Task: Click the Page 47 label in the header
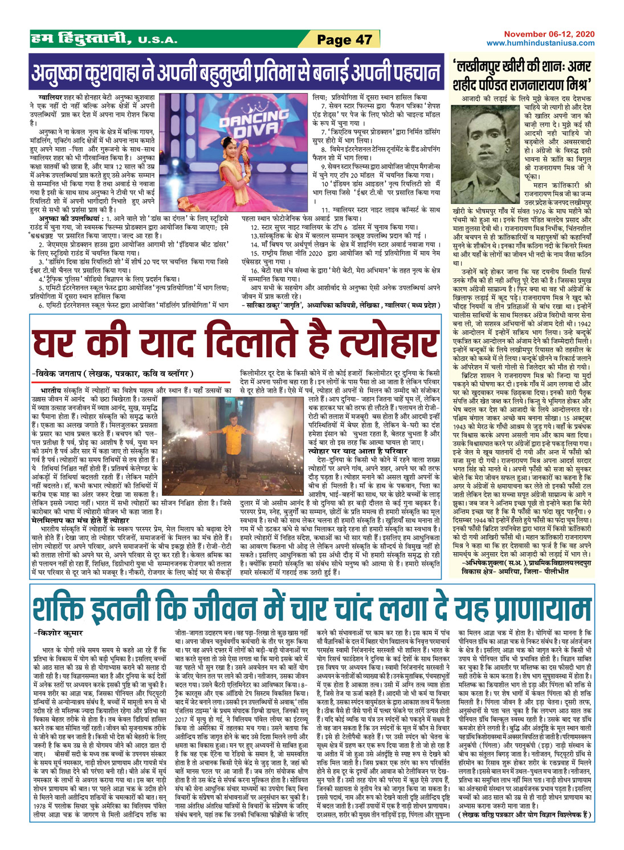click(x=344, y=39)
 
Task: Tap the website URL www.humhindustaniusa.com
click(x=540, y=43)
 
